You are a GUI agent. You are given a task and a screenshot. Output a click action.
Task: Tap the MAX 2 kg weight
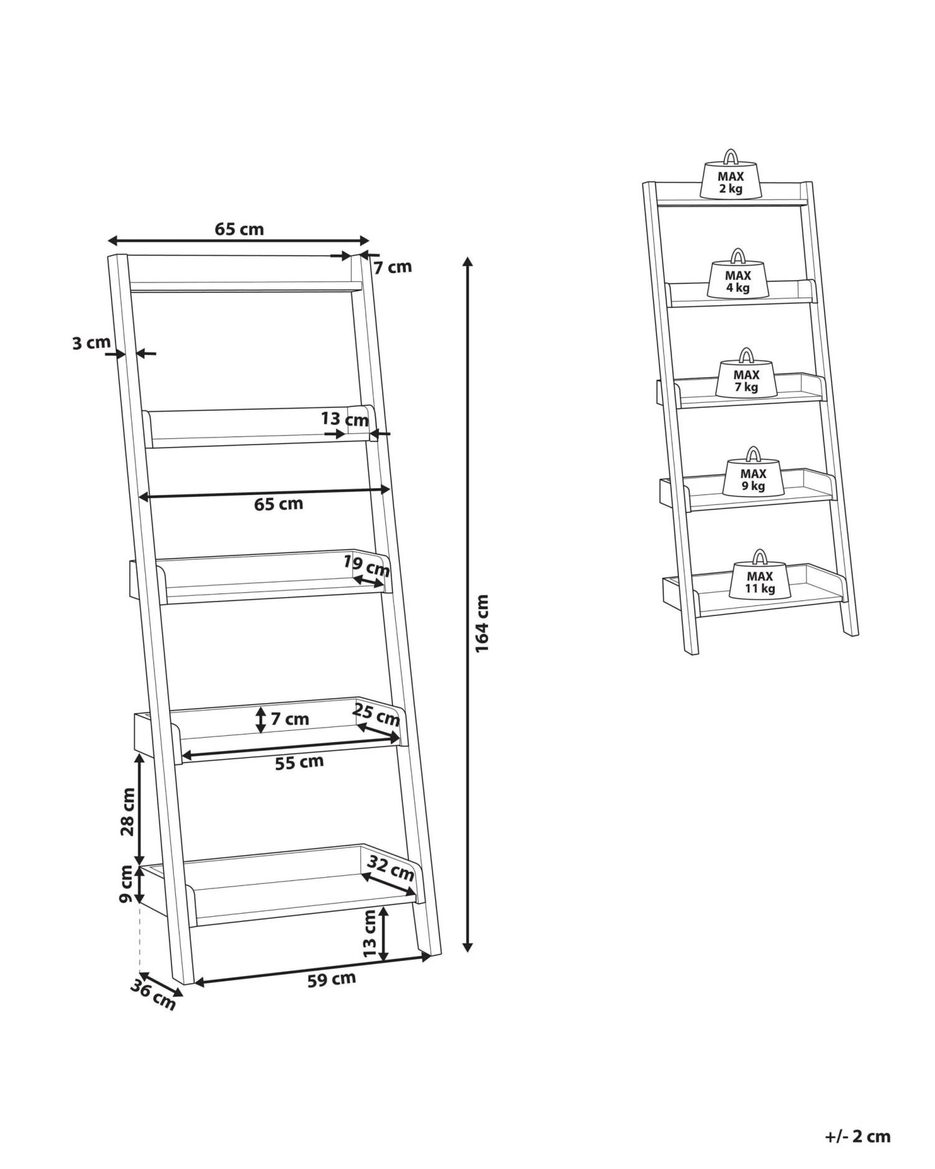(x=731, y=181)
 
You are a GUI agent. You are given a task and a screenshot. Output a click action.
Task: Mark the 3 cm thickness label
(x=91, y=342)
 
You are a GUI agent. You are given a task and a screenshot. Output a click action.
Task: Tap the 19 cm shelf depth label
(x=367, y=565)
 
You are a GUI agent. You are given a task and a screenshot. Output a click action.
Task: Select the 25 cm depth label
(x=376, y=714)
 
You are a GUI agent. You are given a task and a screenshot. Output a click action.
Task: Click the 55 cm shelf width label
(x=299, y=762)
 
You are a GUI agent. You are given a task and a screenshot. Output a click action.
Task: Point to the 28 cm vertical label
(x=127, y=811)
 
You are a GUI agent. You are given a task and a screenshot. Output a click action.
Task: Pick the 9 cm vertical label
(x=126, y=884)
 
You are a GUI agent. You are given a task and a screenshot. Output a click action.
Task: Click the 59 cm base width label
(x=331, y=979)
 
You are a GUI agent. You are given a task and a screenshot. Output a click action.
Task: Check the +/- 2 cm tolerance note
(x=857, y=1136)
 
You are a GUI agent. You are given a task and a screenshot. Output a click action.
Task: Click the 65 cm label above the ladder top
(x=239, y=229)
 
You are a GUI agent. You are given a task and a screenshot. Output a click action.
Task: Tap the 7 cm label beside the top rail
(x=393, y=267)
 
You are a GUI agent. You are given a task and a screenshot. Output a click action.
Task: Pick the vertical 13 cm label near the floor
(x=370, y=933)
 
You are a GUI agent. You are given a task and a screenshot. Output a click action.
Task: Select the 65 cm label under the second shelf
(x=278, y=504)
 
